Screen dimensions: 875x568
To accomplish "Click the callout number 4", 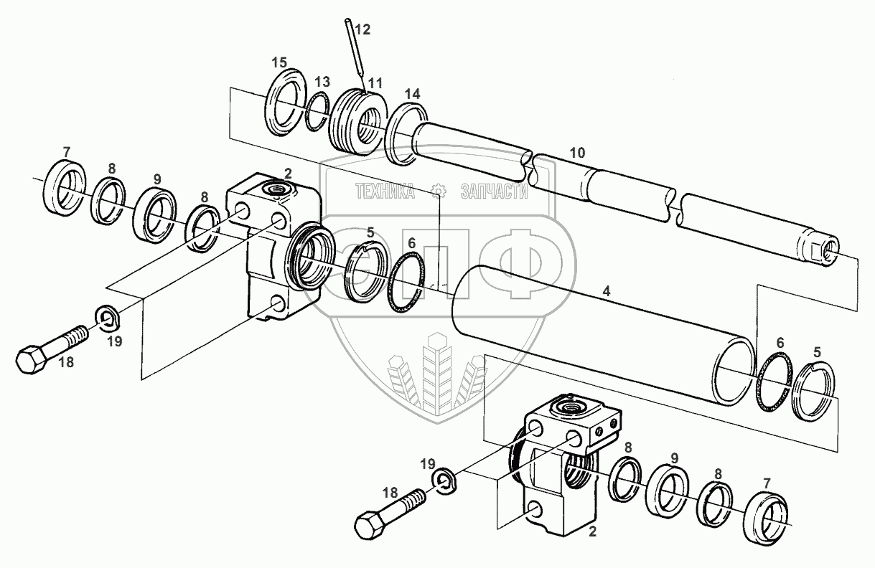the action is (x=607, y=292).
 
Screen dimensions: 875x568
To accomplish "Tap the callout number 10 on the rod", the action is (x=577, y=153).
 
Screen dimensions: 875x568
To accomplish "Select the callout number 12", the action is (x=362, y=29).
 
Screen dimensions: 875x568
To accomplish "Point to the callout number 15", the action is (x=279, y=62).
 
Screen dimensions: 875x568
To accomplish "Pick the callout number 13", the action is (x=322, y=80).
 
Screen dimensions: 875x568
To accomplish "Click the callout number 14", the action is (x=412, y=94).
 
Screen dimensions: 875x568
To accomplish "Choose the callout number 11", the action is (x=375, y=85).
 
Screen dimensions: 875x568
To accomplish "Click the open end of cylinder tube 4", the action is (x=736, y=372).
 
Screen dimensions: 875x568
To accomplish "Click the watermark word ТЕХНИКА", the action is (x=385, y=191).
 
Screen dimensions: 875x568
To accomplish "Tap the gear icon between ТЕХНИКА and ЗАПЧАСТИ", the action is (x=436, y=191).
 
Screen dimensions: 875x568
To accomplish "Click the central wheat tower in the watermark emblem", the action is (x=436, y=373).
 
